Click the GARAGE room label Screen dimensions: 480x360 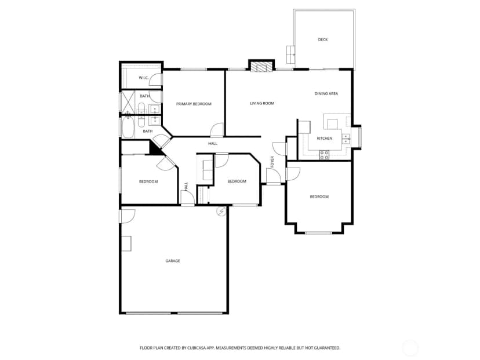point(173,261)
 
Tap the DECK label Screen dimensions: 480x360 point(323,39)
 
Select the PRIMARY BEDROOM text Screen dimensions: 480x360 point(194,104)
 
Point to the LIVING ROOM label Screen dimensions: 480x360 point(262,103)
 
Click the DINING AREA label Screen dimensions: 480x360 point(326,94)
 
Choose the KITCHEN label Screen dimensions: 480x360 point(325,139)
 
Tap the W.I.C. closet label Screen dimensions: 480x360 point(144,78)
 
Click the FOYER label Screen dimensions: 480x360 point(272,162)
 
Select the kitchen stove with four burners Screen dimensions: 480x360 point(324,155)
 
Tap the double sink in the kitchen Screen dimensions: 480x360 point(346,139)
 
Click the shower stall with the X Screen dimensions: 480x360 point(128,102)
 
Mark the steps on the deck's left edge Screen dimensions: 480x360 point(290,54)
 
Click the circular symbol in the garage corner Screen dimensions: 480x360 point(221,211)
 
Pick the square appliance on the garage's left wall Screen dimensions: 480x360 point(126,243)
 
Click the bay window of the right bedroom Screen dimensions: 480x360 point(318,233)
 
